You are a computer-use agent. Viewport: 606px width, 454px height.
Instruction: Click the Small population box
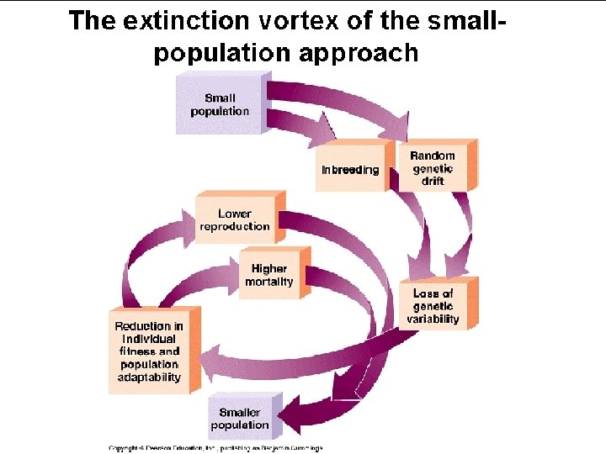pos(218,104)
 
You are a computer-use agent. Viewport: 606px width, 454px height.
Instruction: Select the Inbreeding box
pos(350,169)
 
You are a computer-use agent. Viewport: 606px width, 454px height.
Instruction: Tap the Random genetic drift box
pos(433,168)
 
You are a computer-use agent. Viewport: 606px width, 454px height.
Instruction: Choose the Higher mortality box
pos(269,275)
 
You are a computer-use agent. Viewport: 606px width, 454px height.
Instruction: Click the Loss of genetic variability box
pos(433,306)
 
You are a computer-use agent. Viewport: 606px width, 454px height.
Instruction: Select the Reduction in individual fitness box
pos(149,351)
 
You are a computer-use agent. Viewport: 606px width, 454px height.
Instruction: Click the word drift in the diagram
pos(433,181)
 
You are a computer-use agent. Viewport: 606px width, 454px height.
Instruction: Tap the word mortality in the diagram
pos(269,282)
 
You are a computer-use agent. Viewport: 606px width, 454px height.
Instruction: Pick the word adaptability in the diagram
pos(149,377)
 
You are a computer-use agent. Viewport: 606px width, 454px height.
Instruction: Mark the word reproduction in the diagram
pos(235,226)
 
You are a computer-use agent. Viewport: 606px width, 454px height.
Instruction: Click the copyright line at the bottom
pos(215,448)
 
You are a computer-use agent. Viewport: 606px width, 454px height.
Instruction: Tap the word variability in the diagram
pos(433,319)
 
